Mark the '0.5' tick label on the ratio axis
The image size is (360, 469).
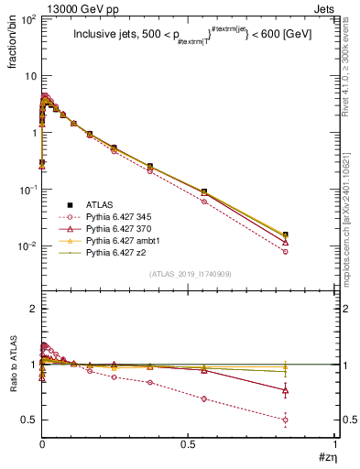pos(28,420)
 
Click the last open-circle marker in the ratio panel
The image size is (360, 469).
pos(286,420)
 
